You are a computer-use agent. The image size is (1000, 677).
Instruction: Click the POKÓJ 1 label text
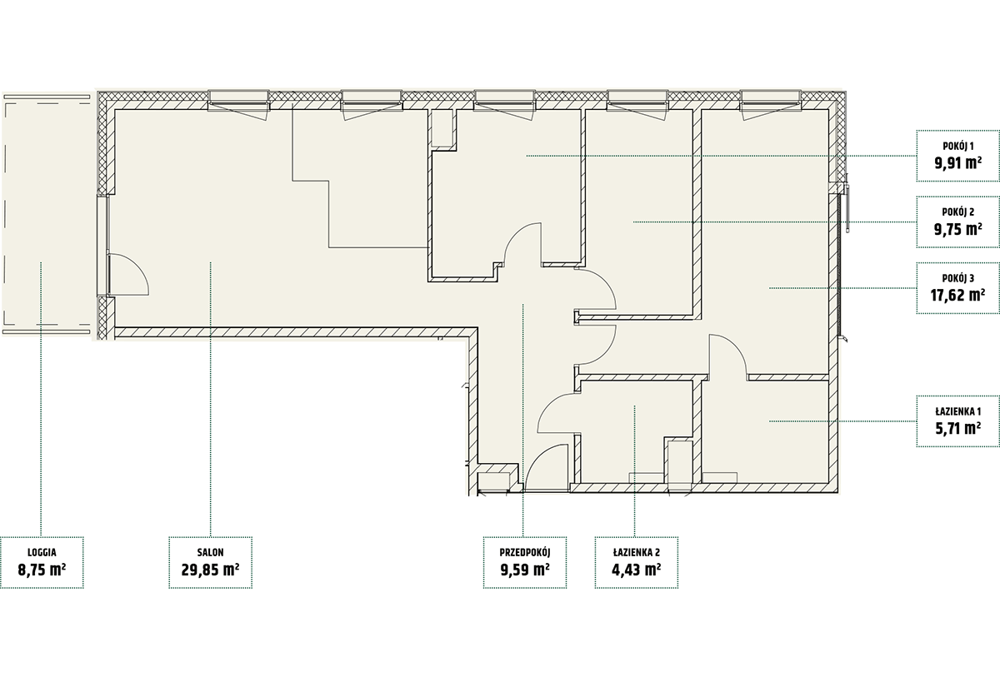pyautogui.click(x=958, y=146)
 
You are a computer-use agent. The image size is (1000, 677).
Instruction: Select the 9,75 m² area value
pyautogui.click(x=958, y=229)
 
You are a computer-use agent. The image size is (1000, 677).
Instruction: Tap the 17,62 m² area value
pyautogui.click(x=958, y=296)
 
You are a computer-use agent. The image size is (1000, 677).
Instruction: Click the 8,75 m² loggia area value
pyautogui.click(x=42, y=570)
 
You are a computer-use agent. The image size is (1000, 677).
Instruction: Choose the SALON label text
pyautogui.click(x=210, y=553)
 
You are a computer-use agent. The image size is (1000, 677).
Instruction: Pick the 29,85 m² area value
pyautogui.click(x=210, y=570)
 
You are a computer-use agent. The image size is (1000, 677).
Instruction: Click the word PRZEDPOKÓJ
pyautogui.click(x=525, y=553)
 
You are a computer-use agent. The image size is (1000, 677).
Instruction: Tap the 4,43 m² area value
pyautogui.click(x=637, y=570)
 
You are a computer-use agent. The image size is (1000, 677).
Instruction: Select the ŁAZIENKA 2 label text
pyautogui.click(x=637, y=553)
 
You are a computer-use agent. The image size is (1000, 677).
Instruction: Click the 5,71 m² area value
pyautogui.click(x=958, y=428)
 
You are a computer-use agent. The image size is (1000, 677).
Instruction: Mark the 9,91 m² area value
pyautogui.click(x=958, y=163)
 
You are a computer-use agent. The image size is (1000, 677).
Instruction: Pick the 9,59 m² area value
pyautogui.click(x=525, y=570)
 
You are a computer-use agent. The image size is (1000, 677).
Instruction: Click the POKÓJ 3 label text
pyautogui.click(x=958, y=278)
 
